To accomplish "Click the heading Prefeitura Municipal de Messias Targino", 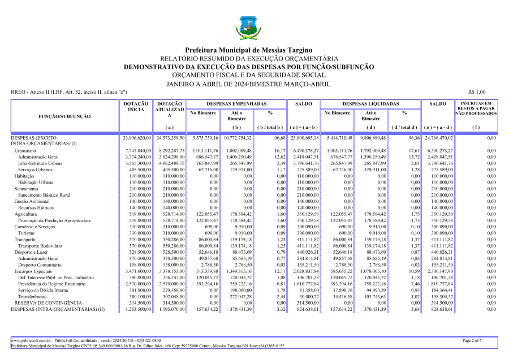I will (249, 50).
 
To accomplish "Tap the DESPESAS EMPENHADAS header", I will (236, 104).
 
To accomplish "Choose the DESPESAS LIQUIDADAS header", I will (370, 104).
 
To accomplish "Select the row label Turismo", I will (26, 233).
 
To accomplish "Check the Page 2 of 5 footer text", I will (472, 340).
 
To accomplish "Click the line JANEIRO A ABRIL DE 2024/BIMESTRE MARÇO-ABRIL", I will (248, 83).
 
